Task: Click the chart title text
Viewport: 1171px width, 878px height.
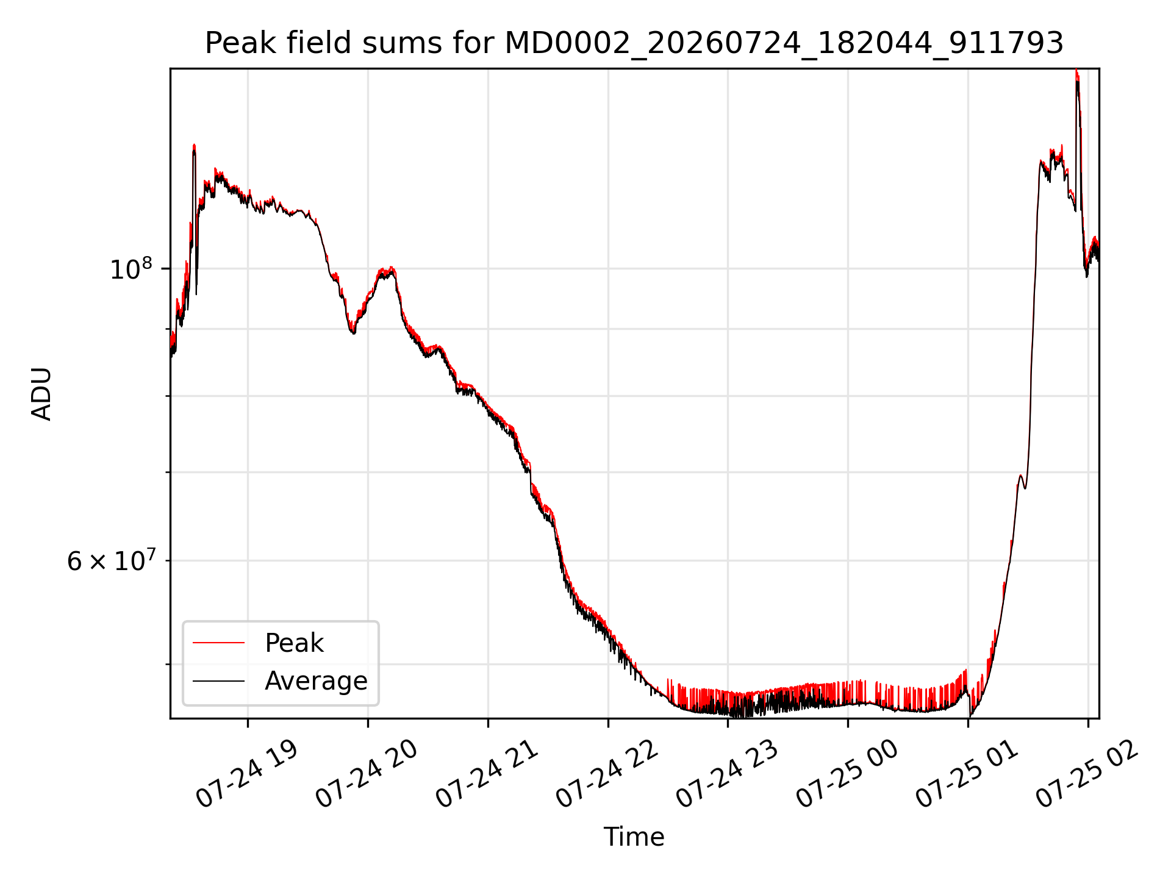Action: (x=634, y=43)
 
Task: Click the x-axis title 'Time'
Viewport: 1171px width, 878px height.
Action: (x=634, y=837)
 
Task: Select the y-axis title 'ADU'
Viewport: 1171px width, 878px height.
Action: (x=41, y=394)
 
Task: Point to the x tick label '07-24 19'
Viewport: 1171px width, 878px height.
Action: (x=247, y=774)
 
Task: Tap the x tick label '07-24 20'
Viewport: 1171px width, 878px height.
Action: (x=367, y=774)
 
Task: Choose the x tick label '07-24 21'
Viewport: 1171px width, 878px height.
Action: (x=487, y=774)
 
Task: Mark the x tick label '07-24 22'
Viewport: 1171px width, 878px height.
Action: (x=607, y=774)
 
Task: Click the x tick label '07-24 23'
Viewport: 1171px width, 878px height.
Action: (x=727, y=774)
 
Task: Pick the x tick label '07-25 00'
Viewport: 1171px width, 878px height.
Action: (x=847, y=774)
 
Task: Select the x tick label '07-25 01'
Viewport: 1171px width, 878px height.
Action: (x=967, y=774)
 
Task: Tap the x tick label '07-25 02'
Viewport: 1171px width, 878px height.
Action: (x=1087, y=774)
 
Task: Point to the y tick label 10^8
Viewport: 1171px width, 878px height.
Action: (x=131, y=268)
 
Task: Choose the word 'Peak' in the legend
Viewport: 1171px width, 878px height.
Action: (x=294, y=643)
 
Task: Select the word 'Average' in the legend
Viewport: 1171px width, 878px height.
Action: (x=316, y=681)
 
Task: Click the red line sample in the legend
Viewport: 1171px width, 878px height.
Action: (x=218, y=643)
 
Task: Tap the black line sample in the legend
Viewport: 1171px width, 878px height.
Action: (x=218, y=681)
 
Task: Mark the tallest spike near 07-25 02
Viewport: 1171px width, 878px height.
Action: (x=1077, y=72)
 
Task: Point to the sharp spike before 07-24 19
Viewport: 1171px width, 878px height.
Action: (x=194, y=146)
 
